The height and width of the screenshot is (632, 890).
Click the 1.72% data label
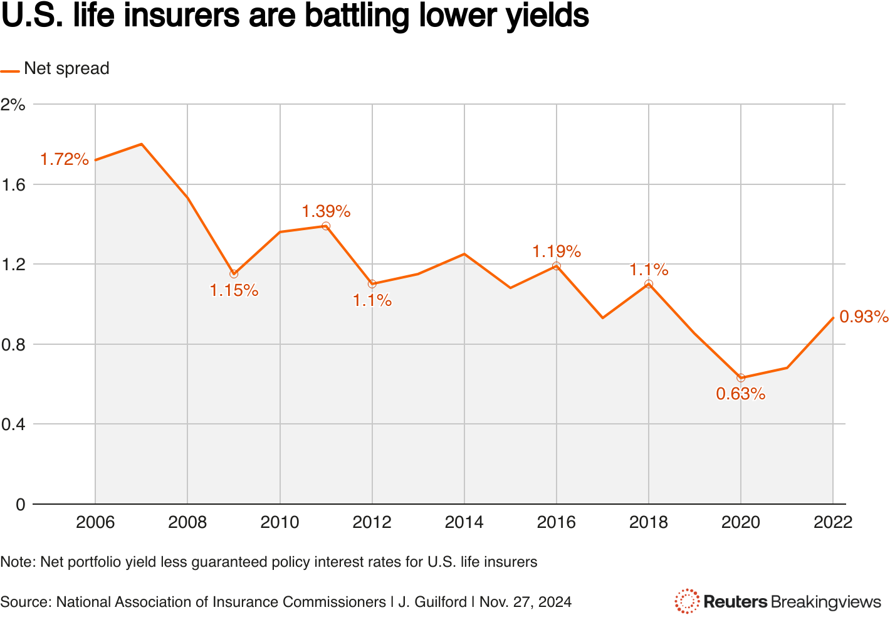tap(65, 159)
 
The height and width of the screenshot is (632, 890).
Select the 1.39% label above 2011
tap(326, 211)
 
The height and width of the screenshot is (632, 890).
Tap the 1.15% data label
tap(234, 290)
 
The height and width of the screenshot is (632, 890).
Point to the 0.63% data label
tap(741, 394)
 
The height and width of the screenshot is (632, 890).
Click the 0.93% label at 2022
tap(864, 317)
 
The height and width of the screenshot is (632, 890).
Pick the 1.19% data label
tap(557, 251)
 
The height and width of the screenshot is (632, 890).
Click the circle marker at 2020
tap(741, 377)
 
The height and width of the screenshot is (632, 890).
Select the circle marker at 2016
tap(557, 266)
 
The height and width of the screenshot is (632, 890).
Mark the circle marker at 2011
tap(326, 226)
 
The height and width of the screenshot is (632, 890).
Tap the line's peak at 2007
tap(142, 144)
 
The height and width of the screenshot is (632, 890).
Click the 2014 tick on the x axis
tap(464, 522)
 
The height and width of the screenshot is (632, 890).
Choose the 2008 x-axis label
tap(187, 522)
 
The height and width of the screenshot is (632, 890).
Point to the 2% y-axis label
tap(13, 105)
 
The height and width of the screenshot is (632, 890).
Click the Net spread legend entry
tap(66, 68)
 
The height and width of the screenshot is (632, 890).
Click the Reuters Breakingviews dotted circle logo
tap(687, 601)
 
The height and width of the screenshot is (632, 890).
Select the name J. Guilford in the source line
tap(432, 602)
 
